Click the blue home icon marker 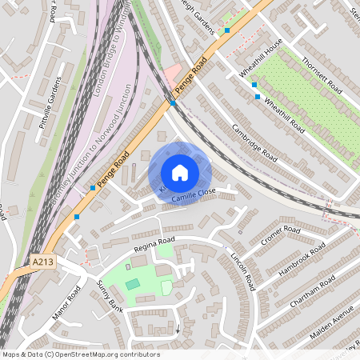(x=180, y=173)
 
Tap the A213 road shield (x=45, y=261)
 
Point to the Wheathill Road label (x=284, y=116)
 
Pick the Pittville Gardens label (x=56, y=99)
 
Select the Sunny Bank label (x=109, y=297)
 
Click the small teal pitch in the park (x=132, y=284)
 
